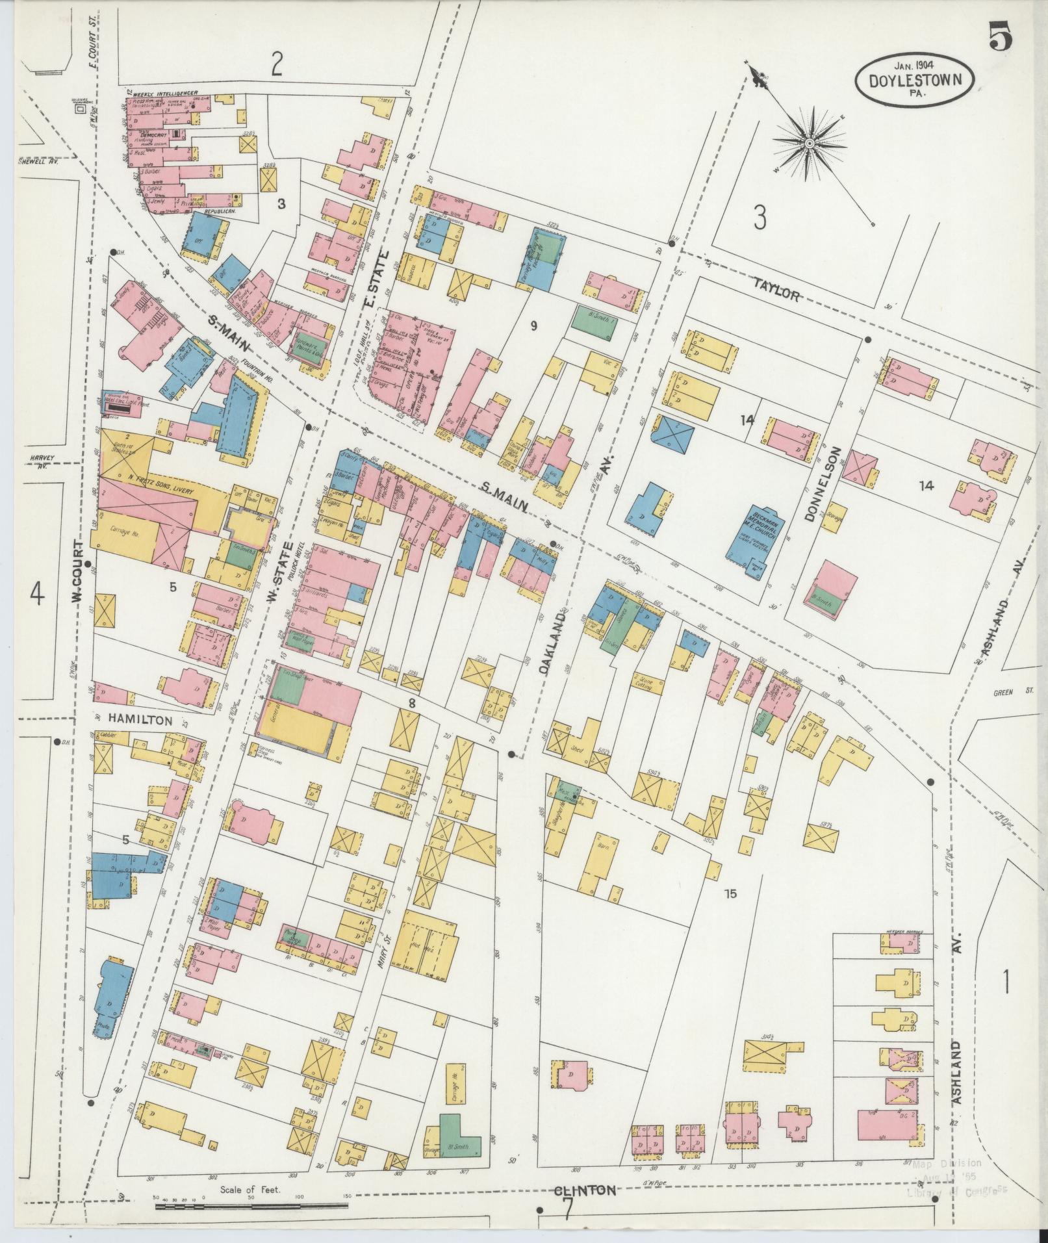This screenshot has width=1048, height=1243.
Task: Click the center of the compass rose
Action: [x=810, y=142]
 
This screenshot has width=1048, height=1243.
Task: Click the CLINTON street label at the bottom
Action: [x=584, y=1191]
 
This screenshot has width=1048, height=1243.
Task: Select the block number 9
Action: [x=533, y=326]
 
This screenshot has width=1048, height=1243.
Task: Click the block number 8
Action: [x=411, y=702]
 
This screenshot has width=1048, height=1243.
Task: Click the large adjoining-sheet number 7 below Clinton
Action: [x=567, y=1210]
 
